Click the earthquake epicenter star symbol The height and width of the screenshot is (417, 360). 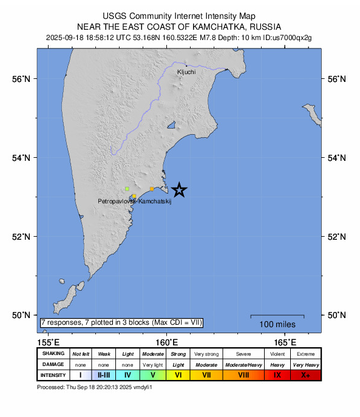pyautogui.click(x=179, y=190)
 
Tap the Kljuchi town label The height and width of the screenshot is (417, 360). pyautogui.click(x=186, y=72)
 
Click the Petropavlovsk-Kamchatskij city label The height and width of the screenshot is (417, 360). pyautogui.click(x=135, y=201)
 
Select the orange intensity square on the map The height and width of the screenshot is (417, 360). pyautogui.click(x=152, y=189)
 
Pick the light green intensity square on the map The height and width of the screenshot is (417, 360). pyautogui.click(x=127, y=189)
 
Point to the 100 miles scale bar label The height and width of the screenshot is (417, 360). pyautogui.click(x=277, y=325)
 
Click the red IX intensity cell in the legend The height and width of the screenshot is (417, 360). pyautogui.click(x=277, y=375)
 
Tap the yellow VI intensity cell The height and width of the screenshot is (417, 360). pyautogui.click(x=178, y=375)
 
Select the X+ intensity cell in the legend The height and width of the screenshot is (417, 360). pyautogui.click(x=305, y=375)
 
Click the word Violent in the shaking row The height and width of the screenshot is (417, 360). pyautogui.click(x=277, y=353)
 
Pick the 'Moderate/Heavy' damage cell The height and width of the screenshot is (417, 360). pyautogui.click(x=243, y=364)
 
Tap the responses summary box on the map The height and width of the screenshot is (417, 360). pyautogui.click(x=121, y=322)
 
